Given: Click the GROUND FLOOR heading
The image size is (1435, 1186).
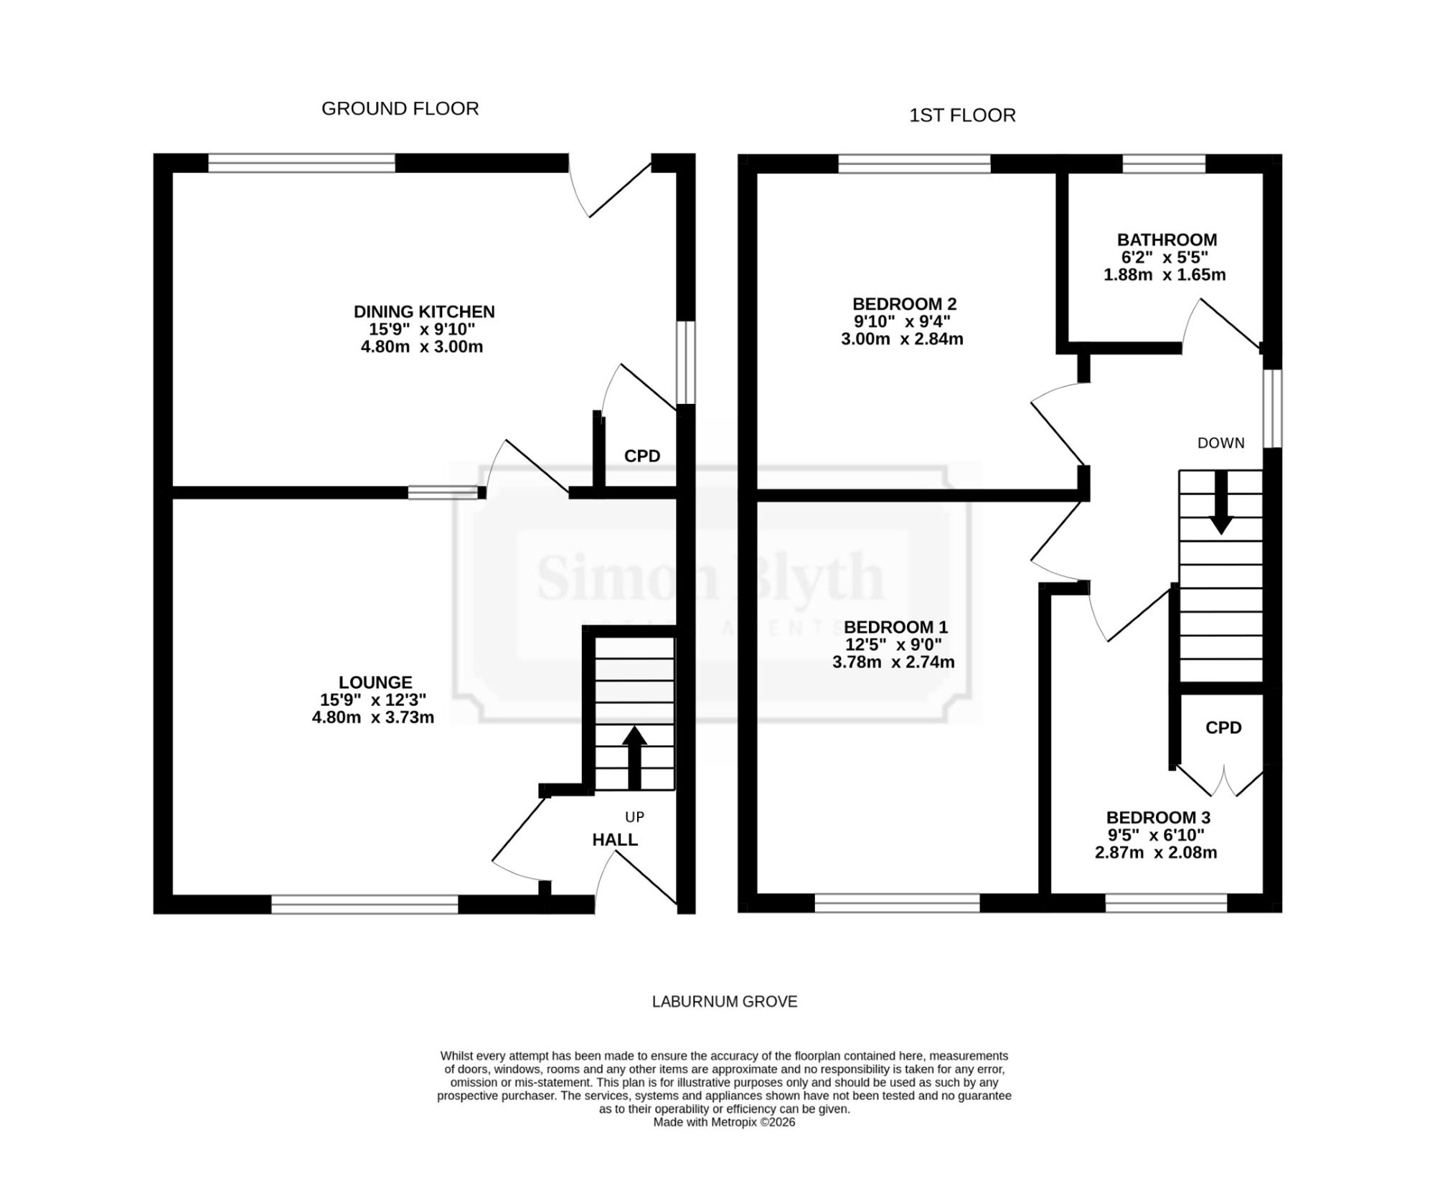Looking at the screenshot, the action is [x=400, y=108].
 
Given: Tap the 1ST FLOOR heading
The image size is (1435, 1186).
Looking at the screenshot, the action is [x=962, y=116].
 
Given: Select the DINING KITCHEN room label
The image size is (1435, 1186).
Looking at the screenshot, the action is [x=424, y=311].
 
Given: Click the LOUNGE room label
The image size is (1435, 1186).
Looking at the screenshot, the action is [x=375, y=682].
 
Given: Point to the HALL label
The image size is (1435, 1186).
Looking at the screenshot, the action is [x=615, y=839].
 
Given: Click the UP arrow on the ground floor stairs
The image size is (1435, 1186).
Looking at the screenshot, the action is [x=634, y=758].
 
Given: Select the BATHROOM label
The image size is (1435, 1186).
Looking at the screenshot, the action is [x=1167, y=240].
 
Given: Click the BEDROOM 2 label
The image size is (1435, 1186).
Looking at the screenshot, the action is [x=904, y=303].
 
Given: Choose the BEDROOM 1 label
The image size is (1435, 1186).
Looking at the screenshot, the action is [x=895, y=626].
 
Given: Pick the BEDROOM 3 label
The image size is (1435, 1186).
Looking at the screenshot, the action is [x=1158, y=817].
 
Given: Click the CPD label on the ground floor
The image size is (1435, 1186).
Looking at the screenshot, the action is [x=642, y=456].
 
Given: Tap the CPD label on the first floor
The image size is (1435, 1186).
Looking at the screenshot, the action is [x=1223, y=728].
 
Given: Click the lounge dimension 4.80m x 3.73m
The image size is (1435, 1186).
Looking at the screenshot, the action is [x=373, y=717].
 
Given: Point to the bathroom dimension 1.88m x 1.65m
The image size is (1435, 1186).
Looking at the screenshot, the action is [x=1165, y=275].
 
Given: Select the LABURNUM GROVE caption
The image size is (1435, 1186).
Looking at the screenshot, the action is [x=725, y=1002].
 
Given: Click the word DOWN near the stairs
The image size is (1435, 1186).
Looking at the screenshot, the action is [x=1220, y=443].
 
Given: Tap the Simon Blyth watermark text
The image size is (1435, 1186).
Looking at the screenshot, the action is [x=710, y=578].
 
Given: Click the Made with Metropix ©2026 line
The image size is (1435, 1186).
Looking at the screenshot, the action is [x=724, y=1122].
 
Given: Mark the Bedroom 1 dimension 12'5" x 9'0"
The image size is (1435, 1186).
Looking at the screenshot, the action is [x=893, y=644].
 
